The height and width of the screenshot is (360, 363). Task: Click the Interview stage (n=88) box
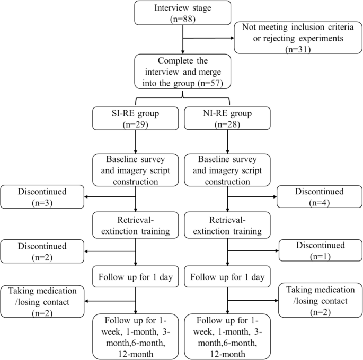[x=182, y=13]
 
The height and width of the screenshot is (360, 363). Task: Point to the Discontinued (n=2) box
[x=42, y=251]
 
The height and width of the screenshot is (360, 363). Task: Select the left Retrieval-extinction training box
[x=137, y=226]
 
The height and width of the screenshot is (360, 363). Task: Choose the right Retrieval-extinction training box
[x=227, y=226]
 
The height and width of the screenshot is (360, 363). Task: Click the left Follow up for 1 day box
[x=137, y=276]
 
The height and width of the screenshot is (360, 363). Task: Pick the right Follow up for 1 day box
[x=227, y=276]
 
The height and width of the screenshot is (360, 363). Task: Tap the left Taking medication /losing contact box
[x=42, y=302]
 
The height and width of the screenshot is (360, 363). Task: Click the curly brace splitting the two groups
[x=182, y=96]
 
